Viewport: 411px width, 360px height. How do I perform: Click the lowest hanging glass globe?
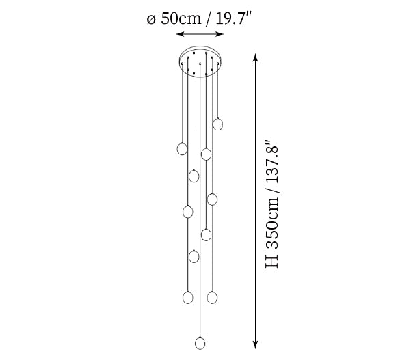200,343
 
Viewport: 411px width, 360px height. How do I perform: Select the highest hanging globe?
217,124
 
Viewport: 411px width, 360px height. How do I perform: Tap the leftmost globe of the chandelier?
182,149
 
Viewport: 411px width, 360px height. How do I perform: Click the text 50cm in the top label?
181,18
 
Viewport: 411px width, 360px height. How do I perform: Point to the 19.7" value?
233,18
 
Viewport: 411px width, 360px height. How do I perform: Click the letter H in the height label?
271,262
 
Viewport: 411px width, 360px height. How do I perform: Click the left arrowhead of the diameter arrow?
178,34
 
